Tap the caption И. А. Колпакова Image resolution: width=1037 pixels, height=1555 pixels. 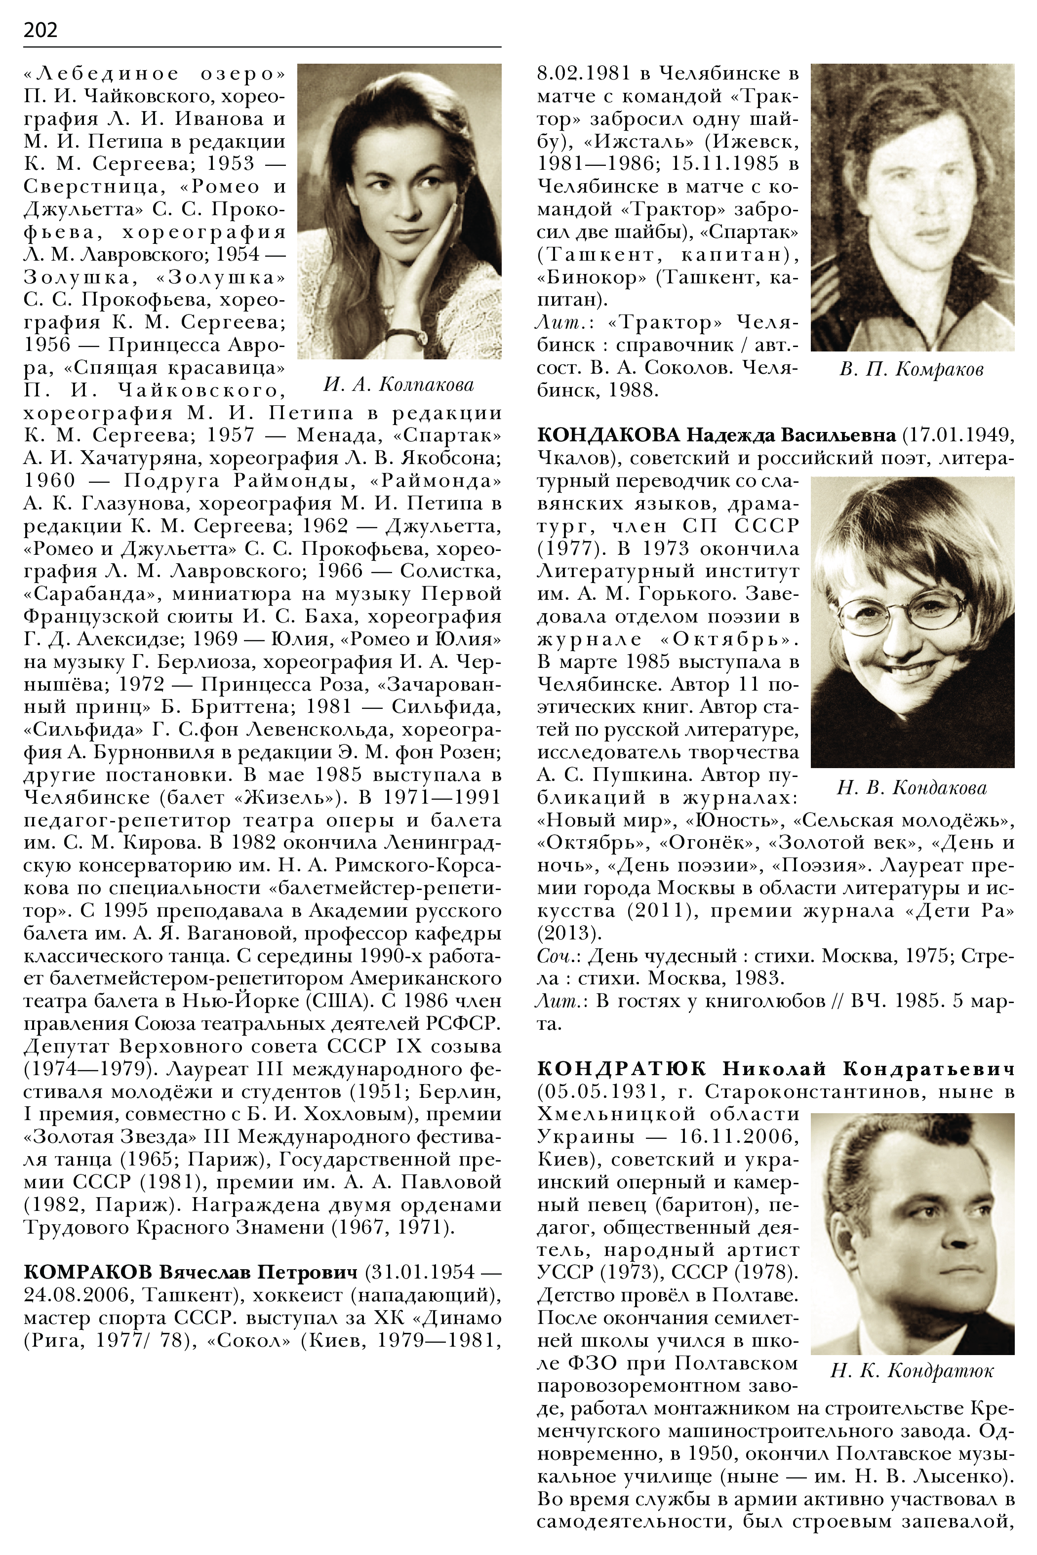[x=399, y=385]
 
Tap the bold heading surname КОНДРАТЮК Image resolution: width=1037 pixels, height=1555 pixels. [x=622, y=1069]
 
